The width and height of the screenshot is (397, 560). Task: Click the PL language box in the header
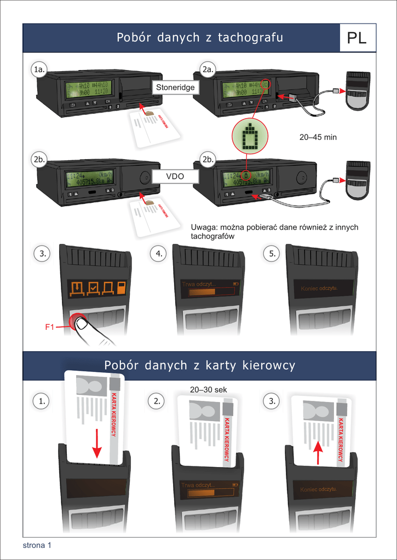point(357,38)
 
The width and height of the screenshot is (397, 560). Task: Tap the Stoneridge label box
point(175,87)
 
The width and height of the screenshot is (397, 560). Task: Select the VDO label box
point(175,177)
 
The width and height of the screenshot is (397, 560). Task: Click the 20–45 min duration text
point(318,137)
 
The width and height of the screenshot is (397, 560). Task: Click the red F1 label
point(50,327)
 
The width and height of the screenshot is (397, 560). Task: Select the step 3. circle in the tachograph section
point(41,254)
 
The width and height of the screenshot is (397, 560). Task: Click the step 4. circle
point(158,254)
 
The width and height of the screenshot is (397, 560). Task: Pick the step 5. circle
point(273,254)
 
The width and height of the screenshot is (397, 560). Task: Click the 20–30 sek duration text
point(208,390)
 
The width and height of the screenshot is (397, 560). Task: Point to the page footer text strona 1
point(37,545)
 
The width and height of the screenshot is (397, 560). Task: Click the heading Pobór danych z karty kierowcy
point(199,365)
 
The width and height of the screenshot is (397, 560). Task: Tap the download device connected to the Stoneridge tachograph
point(358,90)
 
